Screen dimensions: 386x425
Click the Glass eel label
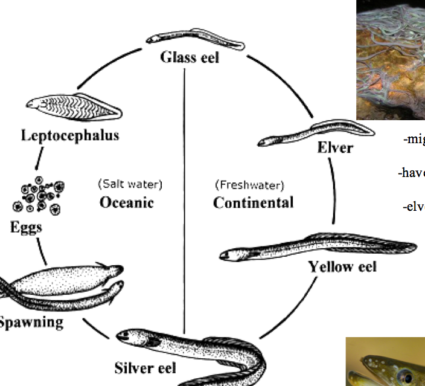click(x=189, y=57)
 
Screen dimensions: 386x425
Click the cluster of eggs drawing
click(x=39, y=196)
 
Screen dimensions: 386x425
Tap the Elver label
click(x=335, y=147)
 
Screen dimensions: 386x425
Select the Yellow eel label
click(x=342, y=266)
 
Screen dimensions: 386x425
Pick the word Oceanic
click(x=126, y=202)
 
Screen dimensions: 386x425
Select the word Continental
click(x=253, y=202)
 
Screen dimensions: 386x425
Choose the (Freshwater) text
click(x=249, y=184)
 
